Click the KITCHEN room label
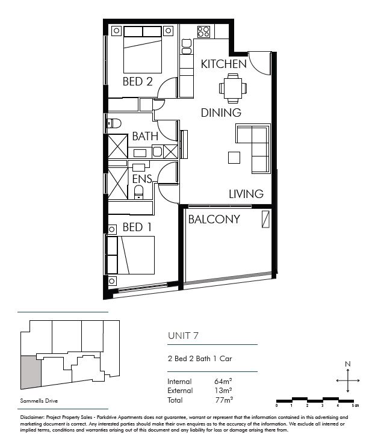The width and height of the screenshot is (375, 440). [x=224, y=64]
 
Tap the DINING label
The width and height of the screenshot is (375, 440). [x=221, y=113]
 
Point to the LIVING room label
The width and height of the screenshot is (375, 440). [x=246, y=194]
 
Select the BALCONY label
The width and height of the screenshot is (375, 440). [x=214, y=219]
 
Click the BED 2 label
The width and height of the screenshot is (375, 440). [x=137, y=81]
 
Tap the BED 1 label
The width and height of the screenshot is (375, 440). [x=137, y=227]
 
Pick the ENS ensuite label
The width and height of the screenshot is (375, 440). [x=142, y=179]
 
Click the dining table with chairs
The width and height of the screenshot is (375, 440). [x=233, y=88]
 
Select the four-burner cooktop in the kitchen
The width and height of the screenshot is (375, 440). [x=204, y=31]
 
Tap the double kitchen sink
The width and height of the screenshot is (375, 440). [x=187, y=46]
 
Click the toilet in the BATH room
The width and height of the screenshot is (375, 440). [x=114, y=123]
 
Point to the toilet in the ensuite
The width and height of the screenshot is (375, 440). [x=138, y=192]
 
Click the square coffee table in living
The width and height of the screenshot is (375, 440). [x=234, y=158]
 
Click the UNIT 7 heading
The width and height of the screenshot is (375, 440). [x=183, y=336]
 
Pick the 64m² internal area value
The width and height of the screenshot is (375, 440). [x=223, y=381]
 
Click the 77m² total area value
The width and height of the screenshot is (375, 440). [x=224, y=400]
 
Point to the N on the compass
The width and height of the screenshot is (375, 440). [x=348, y=364]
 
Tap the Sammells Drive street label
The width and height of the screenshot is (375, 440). [x=39, y=401]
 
